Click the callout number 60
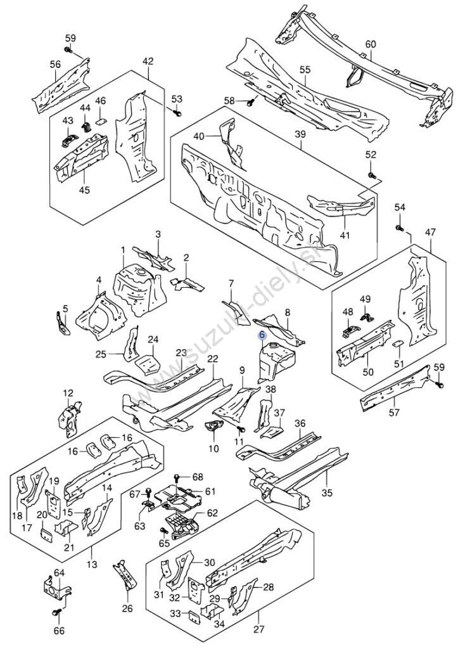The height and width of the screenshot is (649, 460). point(370,44)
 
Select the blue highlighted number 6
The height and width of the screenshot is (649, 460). point(262,336)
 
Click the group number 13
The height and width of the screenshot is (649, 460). point(92,563)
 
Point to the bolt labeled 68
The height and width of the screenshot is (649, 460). point(177,477)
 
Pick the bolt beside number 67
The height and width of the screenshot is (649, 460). point(148,492)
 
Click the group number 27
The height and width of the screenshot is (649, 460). point(258,641)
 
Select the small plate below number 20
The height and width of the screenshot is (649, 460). point(46,534)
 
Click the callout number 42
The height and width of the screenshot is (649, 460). point(148,61)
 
